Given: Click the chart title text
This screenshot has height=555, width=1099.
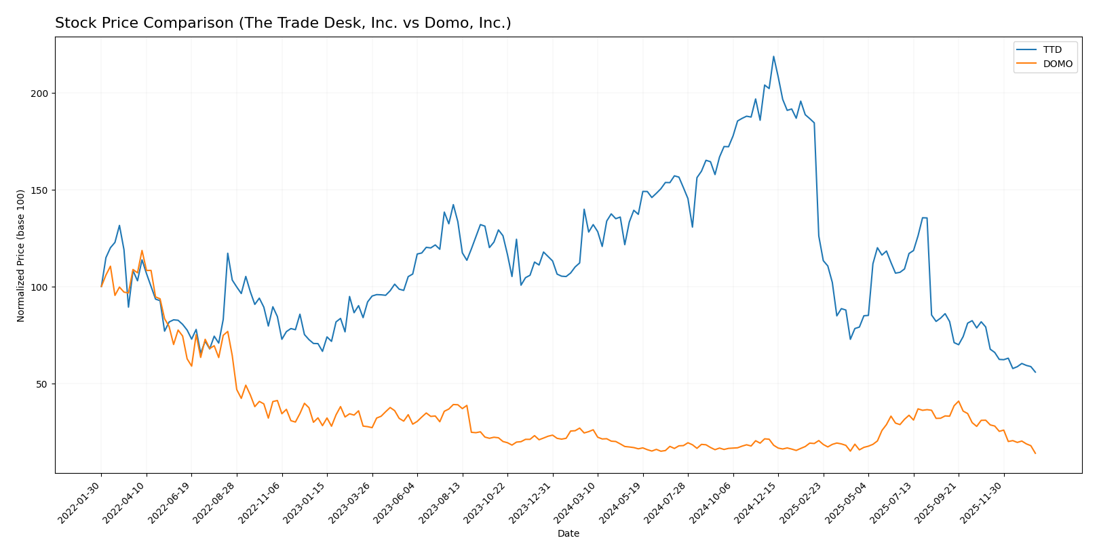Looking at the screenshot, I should pyautogui.click(x=283, y=23).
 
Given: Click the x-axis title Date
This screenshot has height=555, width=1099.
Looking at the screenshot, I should pyautogui.click(x=568, y=534).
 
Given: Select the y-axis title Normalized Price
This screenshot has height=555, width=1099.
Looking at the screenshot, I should pyautogui.click(x=21, y=255).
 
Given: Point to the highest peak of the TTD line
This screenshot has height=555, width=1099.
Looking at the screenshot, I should pyautogui.click(x=773, y=56).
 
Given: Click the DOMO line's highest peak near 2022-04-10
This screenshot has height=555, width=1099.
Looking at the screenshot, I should pyautogui.click(x=142, y=251).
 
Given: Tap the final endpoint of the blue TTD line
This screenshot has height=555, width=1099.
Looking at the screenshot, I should pyautogui.click(x=1035, y=372).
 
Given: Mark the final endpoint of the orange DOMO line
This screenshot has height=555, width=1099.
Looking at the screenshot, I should pyautogui.click(x=1035, y=453).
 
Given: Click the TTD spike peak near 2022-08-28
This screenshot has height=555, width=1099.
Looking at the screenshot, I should pyautogui.click(x=227, y=253).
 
